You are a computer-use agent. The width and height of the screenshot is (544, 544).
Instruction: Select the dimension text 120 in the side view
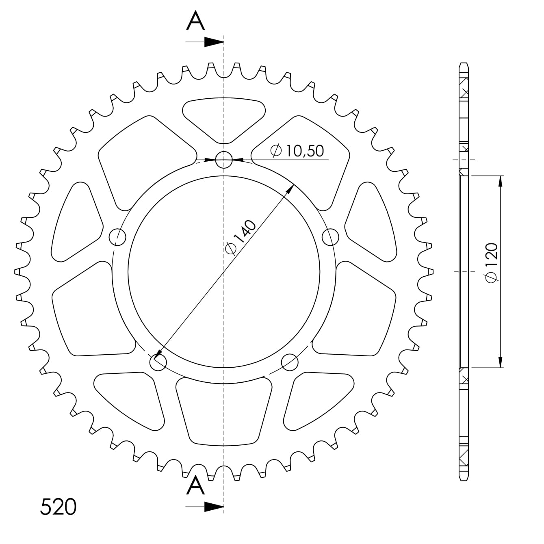(491, 263)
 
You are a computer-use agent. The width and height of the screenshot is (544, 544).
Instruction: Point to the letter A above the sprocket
(195, 22)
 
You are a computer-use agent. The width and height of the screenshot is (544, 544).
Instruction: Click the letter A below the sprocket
(195, 486)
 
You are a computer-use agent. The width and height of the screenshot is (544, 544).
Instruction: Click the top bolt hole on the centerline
(224, 160)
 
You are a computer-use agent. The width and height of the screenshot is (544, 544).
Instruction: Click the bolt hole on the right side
(330, 236)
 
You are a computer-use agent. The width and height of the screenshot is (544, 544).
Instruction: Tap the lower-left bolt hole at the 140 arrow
(158, 362)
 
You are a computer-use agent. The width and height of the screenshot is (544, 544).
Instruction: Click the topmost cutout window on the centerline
(224, 116)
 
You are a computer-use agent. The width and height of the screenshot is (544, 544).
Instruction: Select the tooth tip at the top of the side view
(464, 65)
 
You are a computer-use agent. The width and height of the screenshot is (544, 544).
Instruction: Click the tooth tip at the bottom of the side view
(464, 478)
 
